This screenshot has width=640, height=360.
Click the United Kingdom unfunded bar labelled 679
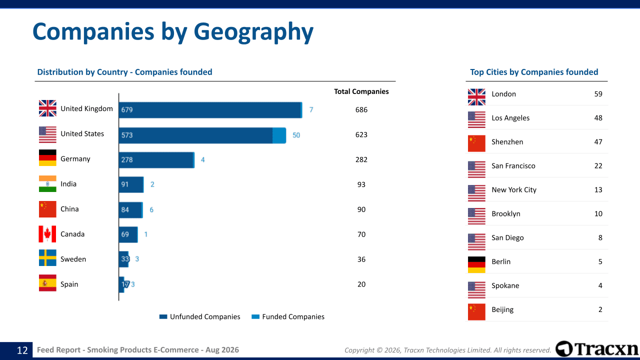coord(209,110)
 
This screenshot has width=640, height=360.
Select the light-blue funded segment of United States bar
coord(279,135)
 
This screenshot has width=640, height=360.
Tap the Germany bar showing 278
coord(156,160)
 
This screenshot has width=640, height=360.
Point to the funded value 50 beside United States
coord(296,135)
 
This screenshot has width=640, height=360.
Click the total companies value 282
coord(361,159)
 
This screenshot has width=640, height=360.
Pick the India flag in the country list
coord(47,183)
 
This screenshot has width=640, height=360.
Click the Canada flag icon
coord(47,234)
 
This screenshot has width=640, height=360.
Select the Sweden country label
coord(73,259)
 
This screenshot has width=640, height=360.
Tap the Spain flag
coord(47,283)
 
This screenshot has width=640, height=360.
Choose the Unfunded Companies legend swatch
coord(163,316)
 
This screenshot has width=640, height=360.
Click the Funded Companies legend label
coord(293,316)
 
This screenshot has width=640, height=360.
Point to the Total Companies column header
coord(361,91)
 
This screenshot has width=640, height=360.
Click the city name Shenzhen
coord(507,142)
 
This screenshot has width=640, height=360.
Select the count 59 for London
coord(598,94)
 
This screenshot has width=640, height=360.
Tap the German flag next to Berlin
coord(476,264)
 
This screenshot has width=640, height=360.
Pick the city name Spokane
coord(505,285)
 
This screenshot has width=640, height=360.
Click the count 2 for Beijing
coord(600,309)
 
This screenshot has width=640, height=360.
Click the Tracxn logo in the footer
coord(596,349)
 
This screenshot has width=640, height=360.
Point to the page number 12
coord(22,350)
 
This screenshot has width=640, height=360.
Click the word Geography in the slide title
coord(253,32)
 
